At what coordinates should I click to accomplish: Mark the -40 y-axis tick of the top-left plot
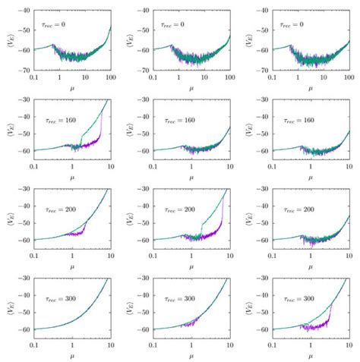click(x=24, y=11)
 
